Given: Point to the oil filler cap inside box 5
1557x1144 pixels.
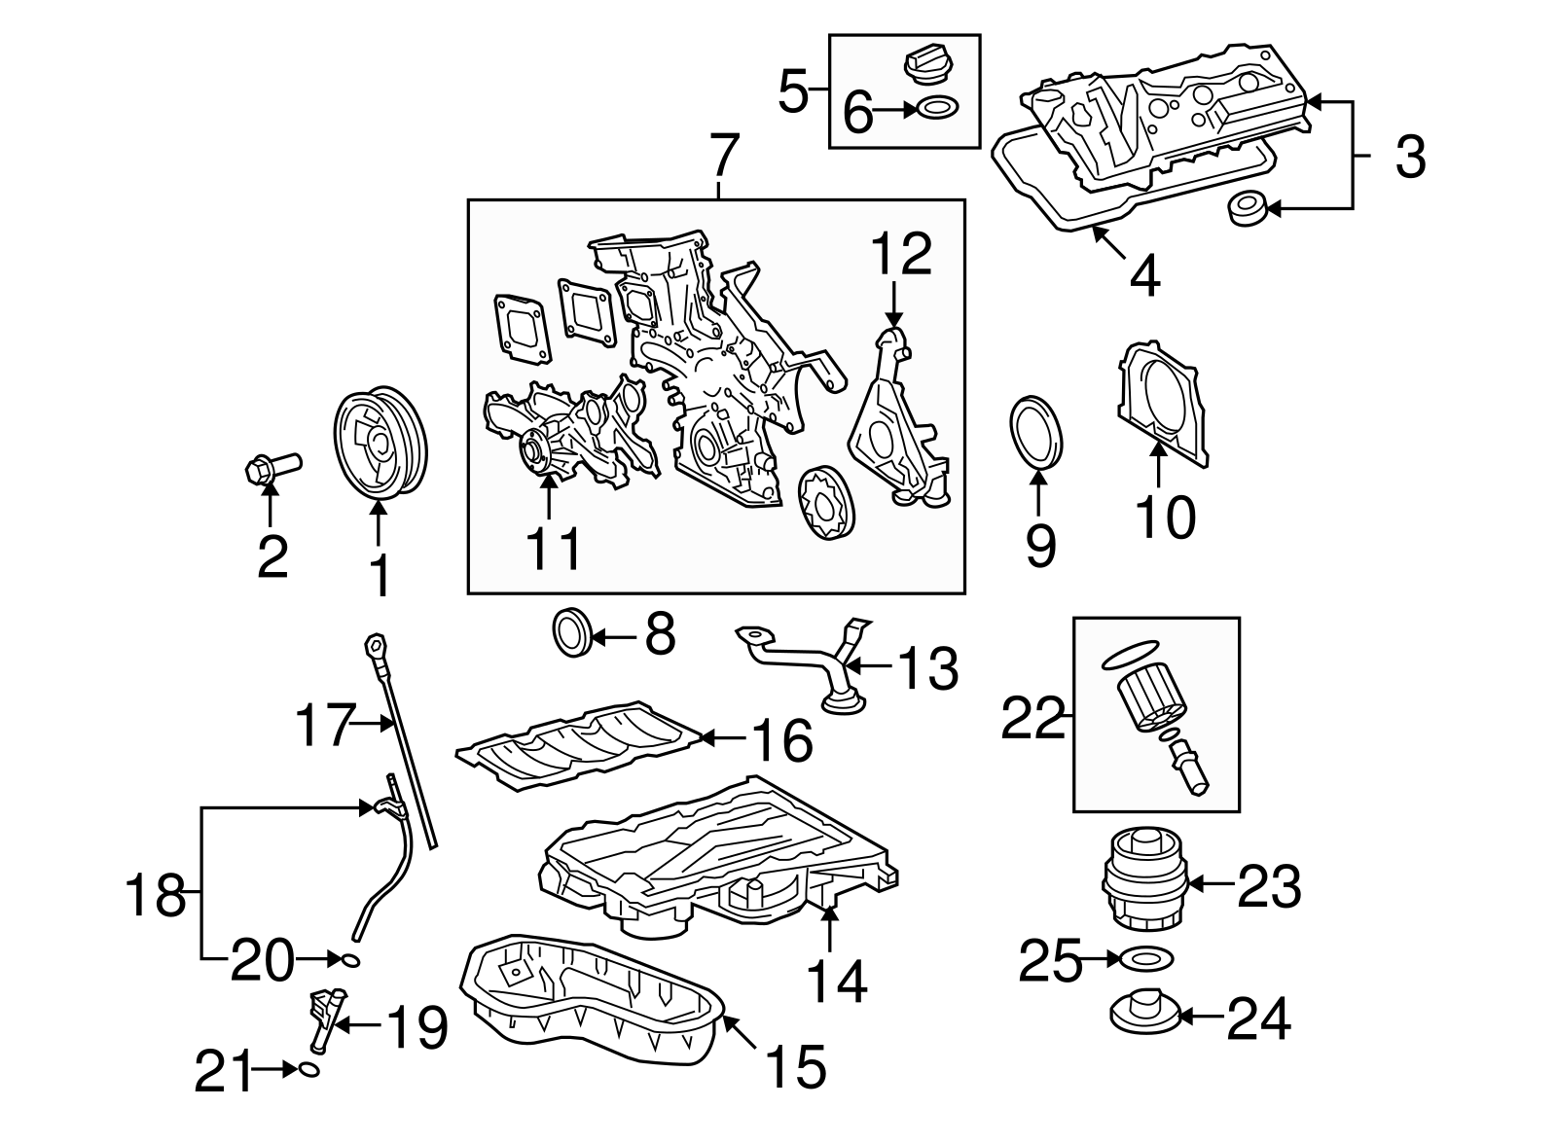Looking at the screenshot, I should pos(928,66).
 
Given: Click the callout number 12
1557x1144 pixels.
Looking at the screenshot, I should pos(901,255).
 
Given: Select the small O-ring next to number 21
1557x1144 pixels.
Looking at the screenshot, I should pos(309,1070).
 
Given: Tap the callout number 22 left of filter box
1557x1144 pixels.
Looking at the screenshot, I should pos(1033,719).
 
